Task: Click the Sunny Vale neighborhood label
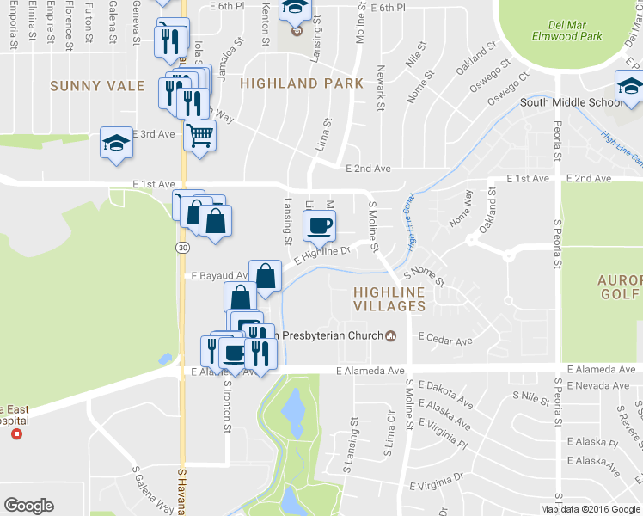(x=89, y=85)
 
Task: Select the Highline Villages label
(x=389, y=298)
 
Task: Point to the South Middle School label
(x=571, y=102)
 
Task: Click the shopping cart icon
(x=199, y=134)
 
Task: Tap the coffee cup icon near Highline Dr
(x=320, y=227)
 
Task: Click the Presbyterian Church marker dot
(x=391, y=335)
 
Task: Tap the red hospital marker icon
(x=15, y=434)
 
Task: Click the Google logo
(x=28, y=505)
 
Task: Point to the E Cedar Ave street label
(x=445, y=341)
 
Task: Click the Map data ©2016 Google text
(x=590, y=509)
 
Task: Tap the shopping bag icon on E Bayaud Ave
(x=266, y=276)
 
